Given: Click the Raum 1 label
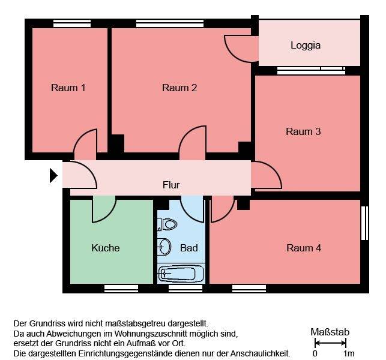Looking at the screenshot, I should click(68, 88).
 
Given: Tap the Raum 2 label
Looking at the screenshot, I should click(179, 88).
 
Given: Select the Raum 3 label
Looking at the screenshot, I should click(303, 131).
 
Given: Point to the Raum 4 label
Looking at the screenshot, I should click(304, 248).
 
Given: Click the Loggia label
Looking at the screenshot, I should click(306, 45).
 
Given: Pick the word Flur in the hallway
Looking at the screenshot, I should click(171, 185).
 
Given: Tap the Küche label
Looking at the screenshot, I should click(106, 248).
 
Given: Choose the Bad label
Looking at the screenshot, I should click(189, 248).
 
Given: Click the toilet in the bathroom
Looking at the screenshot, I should click(168, 224).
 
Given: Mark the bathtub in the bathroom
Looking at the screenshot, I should click(178, 274).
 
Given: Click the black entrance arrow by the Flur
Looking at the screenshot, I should click(53, 175).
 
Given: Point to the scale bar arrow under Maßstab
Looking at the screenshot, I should click(330, 343).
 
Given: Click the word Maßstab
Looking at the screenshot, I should click(330, 332).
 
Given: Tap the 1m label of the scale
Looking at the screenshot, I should click(348, 353).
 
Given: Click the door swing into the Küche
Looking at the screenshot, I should click(104, 208).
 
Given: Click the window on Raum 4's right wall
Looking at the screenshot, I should click(364, 223).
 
